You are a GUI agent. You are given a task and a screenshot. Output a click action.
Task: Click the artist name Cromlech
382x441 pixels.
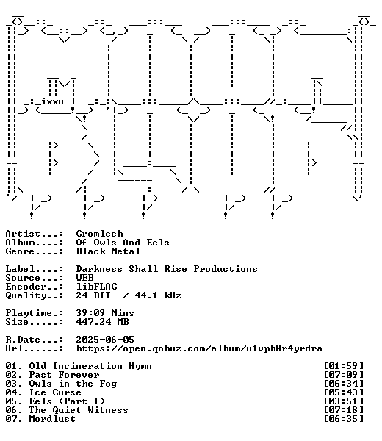pos(99,234)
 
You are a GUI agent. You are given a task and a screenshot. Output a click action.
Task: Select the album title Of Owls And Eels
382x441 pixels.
pos(123,243)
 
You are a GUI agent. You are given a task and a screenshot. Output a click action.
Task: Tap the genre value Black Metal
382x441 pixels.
pos(108,251)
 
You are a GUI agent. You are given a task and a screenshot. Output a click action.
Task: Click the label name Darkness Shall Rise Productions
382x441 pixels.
pos(167,269)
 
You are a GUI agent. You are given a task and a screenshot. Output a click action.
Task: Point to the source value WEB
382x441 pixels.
pos(84,278)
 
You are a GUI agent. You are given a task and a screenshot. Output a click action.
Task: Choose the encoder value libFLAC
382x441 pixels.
pos(96,287)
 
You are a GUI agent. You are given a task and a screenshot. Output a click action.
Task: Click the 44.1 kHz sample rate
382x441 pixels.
pos(158,295)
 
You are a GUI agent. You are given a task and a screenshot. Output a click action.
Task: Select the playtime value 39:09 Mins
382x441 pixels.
pos(105,313)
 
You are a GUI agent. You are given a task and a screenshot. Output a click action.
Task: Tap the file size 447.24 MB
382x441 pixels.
pos(102,321)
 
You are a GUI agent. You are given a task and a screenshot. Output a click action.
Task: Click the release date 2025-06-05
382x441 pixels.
pos(105,339)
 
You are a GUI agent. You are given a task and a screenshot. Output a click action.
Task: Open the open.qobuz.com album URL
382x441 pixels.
pos(199,348)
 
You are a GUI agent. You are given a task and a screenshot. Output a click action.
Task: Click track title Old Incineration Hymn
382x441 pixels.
pos(90,366)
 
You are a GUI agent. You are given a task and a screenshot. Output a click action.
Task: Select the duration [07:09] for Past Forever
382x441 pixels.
pos(344,375)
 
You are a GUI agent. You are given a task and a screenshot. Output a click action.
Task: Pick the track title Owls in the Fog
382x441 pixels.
pos(73,384)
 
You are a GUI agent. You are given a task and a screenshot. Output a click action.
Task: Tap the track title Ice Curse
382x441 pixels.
pos(55,392)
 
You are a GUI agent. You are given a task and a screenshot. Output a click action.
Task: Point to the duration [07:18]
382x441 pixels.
pos(344,410)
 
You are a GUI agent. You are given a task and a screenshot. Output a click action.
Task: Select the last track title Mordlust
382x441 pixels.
pos(52,419)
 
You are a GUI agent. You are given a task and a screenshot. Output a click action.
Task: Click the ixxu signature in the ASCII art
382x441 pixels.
pos(53,101)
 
